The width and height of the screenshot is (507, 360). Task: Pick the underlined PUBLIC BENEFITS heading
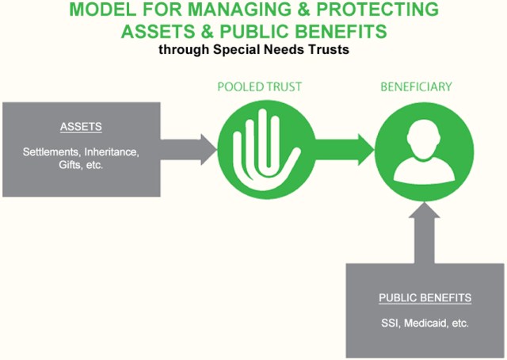pos(425,298)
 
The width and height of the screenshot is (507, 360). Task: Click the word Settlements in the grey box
pos(55,151)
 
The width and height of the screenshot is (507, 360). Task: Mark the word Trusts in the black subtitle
pos(329,48)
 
